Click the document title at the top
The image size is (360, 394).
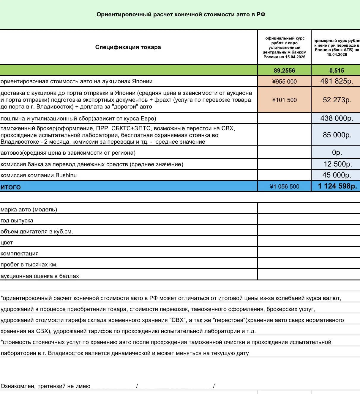(x=181, y=15)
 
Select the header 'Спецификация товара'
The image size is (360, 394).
(x=128, y=47)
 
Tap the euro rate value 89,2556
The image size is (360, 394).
(x=284, y=70)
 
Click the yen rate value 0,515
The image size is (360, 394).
(x=337, y=70)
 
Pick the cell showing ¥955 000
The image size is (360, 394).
(x=284, y=81)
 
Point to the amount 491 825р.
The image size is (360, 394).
(x=337, y=81)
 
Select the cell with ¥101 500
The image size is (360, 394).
(x=284, y=100)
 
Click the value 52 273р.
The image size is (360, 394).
(x=337, y=100)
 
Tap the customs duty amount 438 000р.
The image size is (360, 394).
(x=337, y=118)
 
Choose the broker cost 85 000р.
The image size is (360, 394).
(x=337, y=135)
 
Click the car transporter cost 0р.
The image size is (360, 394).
(x=337, y=153)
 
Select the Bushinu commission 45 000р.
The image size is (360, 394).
(x=337, y=175)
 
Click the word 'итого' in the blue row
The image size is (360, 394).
(x=11, y=187)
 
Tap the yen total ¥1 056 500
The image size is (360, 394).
(x=284, y=186)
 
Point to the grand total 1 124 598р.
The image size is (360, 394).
(x=337, y=186)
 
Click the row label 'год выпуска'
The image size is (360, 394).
(x=17, y=221)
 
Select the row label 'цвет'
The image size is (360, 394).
(x=7, y=243)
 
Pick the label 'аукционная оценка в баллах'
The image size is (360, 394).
(x=40, y=276)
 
